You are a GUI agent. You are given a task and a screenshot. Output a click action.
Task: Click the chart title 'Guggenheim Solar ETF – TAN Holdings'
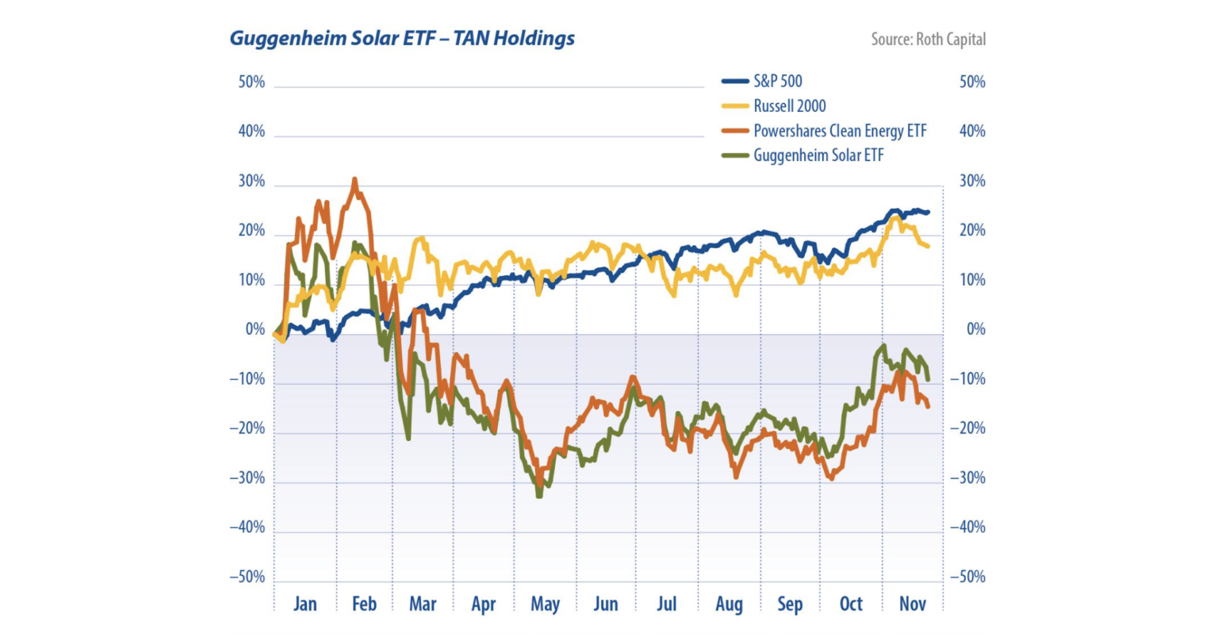[402, 38]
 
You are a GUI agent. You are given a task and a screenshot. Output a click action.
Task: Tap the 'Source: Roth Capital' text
[928, 39]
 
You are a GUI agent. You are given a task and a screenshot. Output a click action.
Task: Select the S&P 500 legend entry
[777, 81]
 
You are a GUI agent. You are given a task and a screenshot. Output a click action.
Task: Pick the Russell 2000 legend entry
[789, 106]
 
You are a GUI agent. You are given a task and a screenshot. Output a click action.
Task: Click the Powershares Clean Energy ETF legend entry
[839, 131]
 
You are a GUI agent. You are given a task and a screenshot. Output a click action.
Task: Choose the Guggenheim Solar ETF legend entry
[818, 155]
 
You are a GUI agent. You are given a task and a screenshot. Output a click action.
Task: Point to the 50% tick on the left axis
[251, 83]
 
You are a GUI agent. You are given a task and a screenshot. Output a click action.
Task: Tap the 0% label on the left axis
[255, 329]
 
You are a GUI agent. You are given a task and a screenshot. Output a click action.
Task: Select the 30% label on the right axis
[972, 181]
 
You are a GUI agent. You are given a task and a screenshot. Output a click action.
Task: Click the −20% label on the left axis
[247, 428]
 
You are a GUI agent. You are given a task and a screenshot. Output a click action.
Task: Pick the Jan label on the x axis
[304, 604]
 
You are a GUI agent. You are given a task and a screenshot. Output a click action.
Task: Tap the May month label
[545, 604]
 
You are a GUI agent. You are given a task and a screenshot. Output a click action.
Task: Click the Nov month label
[912, 604]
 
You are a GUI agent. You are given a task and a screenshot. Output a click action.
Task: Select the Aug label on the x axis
[729, 604]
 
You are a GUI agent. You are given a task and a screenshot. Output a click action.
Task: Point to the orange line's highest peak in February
[354, 180]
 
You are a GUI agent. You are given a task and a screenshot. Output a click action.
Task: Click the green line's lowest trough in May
[539, 496]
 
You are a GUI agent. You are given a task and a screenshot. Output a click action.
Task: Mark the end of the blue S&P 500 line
[928, 213]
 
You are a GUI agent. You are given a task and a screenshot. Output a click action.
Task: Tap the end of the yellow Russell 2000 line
[928, 246]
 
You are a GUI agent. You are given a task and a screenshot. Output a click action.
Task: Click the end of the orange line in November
[928, 406]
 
